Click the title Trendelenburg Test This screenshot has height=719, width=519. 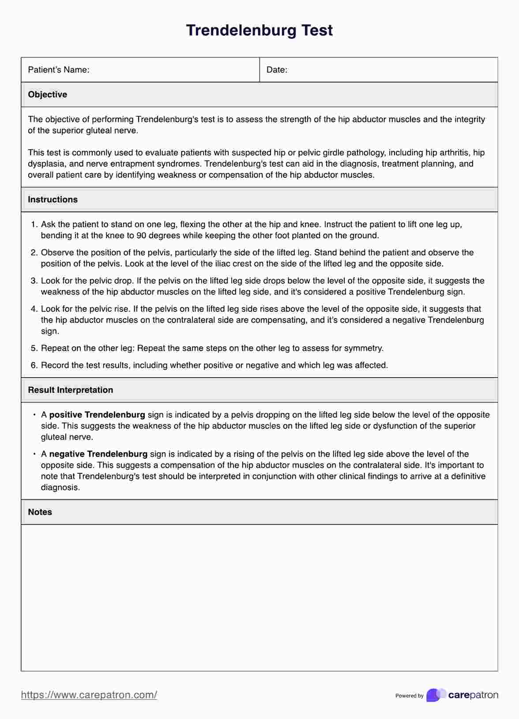tap(259, 30)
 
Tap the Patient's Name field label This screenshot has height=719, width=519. tap(58, 70)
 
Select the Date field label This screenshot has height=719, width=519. tap(277, 70)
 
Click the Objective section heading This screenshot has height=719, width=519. tap(47, 94)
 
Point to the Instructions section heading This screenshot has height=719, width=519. tap(53, 199)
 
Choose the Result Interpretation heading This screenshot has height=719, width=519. tap(70, 390)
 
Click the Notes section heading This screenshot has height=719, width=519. tap(40, 512)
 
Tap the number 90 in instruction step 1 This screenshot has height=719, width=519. tap(141, 236)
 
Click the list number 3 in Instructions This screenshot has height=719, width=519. tap(34, 281)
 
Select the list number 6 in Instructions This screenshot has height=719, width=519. tap(34, 365)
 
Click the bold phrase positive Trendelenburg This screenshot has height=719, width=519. tap(97, 415)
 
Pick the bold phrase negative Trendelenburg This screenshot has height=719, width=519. tap(98, 454)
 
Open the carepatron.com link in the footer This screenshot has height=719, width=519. tap(89, 695)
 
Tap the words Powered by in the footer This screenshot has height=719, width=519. tap(409, 696)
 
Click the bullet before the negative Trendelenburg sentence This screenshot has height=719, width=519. tap(34, 453)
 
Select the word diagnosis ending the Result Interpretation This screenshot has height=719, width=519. tap(60, 487)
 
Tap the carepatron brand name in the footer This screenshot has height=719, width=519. tap(473, 695)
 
